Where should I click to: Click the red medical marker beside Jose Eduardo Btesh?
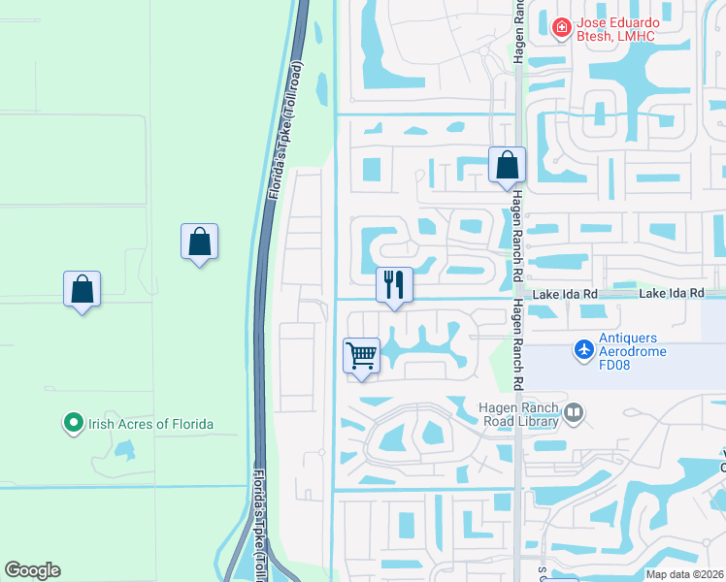click(x=561, y=28)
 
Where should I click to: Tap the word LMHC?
click(x=636, y=37)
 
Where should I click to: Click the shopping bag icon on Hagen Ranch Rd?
click(x=507, y=166)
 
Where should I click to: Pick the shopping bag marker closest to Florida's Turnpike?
click(x=199, y=242)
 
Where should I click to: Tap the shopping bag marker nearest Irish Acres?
click(x=82, y=289)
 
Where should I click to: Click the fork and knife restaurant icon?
click(x=394, y=285)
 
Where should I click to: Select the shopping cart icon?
click(x=362, y=356)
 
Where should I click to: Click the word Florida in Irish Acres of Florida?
click(x=190, y=424)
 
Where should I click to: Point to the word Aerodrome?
click(x=633, y=351)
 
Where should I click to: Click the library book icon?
click(x=574, y=414)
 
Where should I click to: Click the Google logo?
click(x=32, y=570)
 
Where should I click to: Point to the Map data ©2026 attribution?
click(x=684, y=574)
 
